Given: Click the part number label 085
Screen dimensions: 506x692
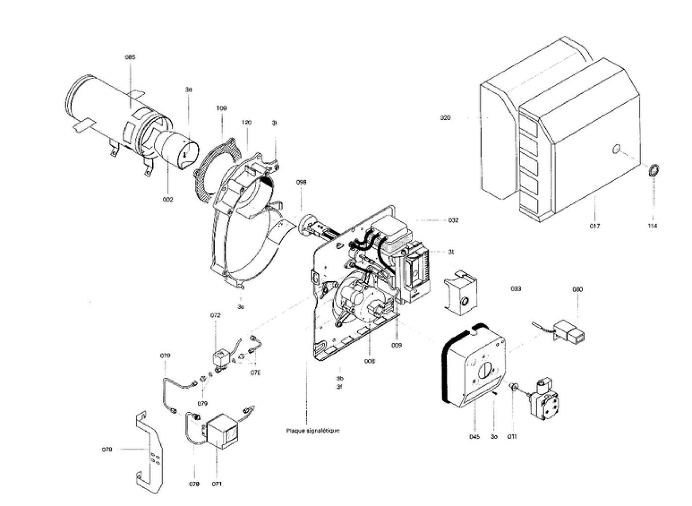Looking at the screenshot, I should [x=130, y=57].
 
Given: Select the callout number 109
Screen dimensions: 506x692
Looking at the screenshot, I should [x=222, y=108].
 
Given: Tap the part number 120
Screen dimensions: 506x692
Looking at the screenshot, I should [x=246, y=122].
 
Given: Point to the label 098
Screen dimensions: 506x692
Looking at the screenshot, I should [x=301, y=182].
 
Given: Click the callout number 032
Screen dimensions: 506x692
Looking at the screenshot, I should [x=453, y=220].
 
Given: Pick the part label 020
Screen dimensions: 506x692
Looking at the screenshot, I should [x=445, y=118].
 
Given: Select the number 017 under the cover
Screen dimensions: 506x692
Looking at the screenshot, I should [x=595, y=226].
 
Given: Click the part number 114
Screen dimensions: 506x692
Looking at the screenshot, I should [x=652, y=226].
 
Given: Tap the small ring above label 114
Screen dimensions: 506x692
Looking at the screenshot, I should [x=654, y=171].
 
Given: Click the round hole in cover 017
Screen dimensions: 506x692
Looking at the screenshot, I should [x=616, y=148].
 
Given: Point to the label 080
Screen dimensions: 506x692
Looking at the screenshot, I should [x=578, y=290].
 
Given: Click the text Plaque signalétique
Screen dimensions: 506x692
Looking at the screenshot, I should [x=313, y=431].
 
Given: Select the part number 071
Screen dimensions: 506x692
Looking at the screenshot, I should [x=217, y=484].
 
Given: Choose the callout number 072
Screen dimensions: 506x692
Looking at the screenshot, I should [x=215, y=316].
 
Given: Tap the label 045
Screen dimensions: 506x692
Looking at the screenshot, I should [x=474, y=437].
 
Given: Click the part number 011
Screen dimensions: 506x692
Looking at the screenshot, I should [x=512, y=437].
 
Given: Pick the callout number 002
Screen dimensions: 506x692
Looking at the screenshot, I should [x=168, y=200].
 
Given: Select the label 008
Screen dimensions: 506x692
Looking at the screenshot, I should [x=370, y=361].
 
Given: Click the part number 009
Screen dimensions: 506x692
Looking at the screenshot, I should [x=397, y=346].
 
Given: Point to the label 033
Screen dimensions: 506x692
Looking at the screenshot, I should [x=515, y=289].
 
